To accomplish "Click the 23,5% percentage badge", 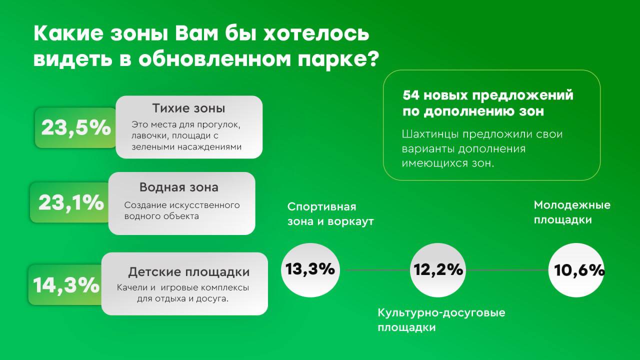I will tap(76, 127).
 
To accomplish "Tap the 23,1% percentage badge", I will tap(71, 202).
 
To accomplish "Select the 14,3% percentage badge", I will tap(66, 285).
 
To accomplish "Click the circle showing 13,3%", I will tap(310, 269).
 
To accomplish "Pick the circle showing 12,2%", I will tap(438, 270).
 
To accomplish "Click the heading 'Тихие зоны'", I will tap(188, 108).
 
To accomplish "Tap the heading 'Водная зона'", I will tap(178, 187).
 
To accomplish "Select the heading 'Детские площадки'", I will tap(188, 272).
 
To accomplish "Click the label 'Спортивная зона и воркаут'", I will tap(330, 214).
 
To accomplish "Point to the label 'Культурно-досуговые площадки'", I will tap(441, 320).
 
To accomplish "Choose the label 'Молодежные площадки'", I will tap(572, 212).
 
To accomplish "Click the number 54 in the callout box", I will tap(411, 95).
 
